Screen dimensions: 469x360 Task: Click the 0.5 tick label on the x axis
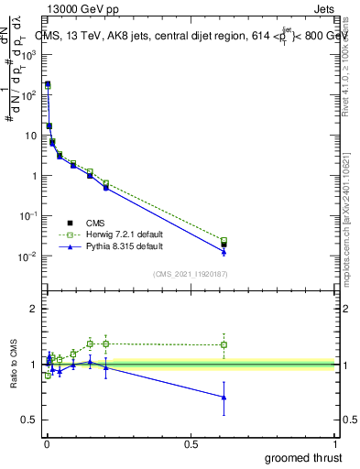click(x=191, y=443)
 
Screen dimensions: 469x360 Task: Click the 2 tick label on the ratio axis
click(x=35, y=310)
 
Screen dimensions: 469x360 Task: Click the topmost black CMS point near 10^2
click(x=48, y=84)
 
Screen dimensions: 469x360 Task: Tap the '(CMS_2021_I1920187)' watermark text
click(x=189, y=274)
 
